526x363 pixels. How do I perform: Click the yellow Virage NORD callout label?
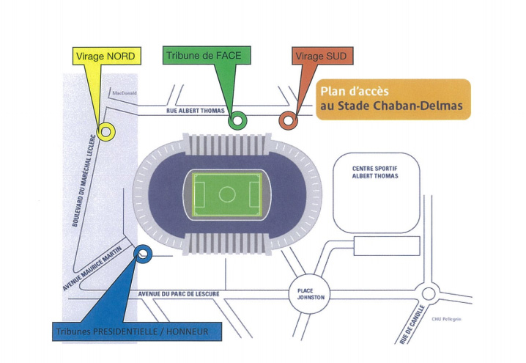point(105,56)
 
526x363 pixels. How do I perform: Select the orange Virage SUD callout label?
point(320,56)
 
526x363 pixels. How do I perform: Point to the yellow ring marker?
point(105,131)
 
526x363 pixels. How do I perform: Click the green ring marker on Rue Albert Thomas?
point(236,121)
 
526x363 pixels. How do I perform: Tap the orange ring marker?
point(288,120)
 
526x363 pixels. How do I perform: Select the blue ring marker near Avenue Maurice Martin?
point(143,254)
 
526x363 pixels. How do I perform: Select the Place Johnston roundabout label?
point(305,294)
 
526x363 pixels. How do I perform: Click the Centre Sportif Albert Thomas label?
point(375,173)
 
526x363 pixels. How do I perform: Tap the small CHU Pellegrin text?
point(447,319)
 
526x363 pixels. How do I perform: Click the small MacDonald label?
point(125,93)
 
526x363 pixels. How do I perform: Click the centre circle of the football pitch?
point(227,194)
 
